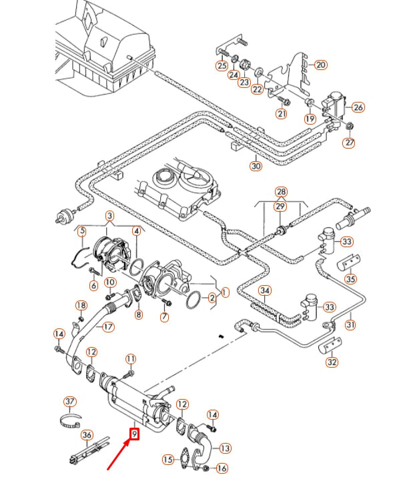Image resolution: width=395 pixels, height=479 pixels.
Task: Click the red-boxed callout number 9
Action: point(135,434)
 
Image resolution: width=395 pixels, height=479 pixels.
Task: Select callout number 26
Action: point(358,107)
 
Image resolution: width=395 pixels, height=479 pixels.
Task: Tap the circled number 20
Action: point(320,65)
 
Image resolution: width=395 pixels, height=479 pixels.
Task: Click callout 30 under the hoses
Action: point(256,166)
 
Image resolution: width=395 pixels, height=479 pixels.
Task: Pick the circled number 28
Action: point(281,192)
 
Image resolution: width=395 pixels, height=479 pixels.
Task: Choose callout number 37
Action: point(70,402)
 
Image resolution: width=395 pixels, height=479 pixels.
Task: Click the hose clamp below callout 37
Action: point(70,422)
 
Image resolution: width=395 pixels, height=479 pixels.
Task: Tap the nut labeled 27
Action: point(350,126)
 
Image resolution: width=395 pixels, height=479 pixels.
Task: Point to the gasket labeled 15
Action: point(185,456)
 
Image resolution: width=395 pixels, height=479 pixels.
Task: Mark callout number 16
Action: point(222,468)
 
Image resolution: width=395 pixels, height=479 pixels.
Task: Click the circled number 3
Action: point(109,216)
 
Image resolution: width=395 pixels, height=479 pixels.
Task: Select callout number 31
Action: point(350,324)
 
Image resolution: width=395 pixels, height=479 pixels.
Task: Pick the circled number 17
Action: point(107,327)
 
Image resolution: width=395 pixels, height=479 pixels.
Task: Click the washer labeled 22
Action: point(258,73)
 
